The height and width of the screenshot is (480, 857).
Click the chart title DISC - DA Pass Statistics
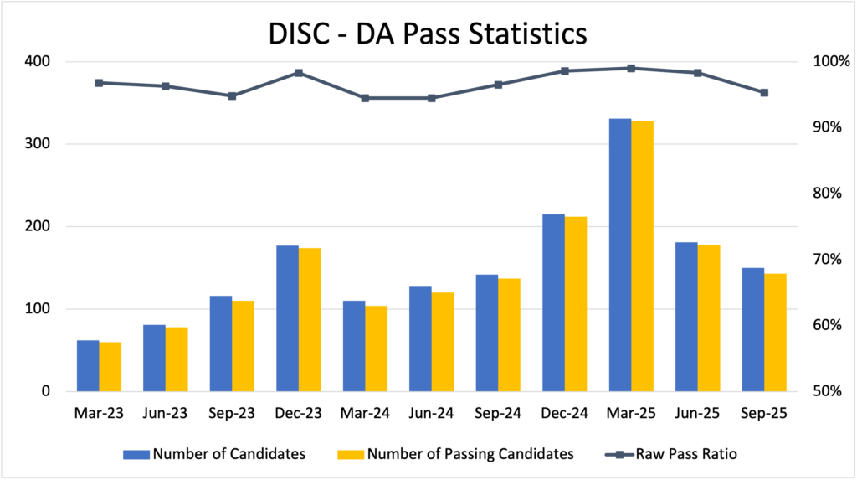[428, 33]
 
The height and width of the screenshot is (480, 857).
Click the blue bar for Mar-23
[88, 366]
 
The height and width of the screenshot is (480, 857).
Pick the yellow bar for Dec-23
[310, 319]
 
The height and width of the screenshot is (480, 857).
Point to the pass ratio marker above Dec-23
[299, 73]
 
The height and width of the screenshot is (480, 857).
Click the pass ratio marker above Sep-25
[764, 93]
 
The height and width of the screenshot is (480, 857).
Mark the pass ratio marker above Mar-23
[99, 83]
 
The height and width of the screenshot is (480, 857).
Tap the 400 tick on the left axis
[37, 62]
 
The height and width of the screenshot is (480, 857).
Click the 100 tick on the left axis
[37, 309]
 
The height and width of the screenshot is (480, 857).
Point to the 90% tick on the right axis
[824, 127]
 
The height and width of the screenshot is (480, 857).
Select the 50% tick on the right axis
[824, 391]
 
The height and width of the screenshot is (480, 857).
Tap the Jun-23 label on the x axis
[166, 413]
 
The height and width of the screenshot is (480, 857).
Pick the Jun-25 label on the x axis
[697, 413]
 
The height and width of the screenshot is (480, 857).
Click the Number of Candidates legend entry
[214, 454]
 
